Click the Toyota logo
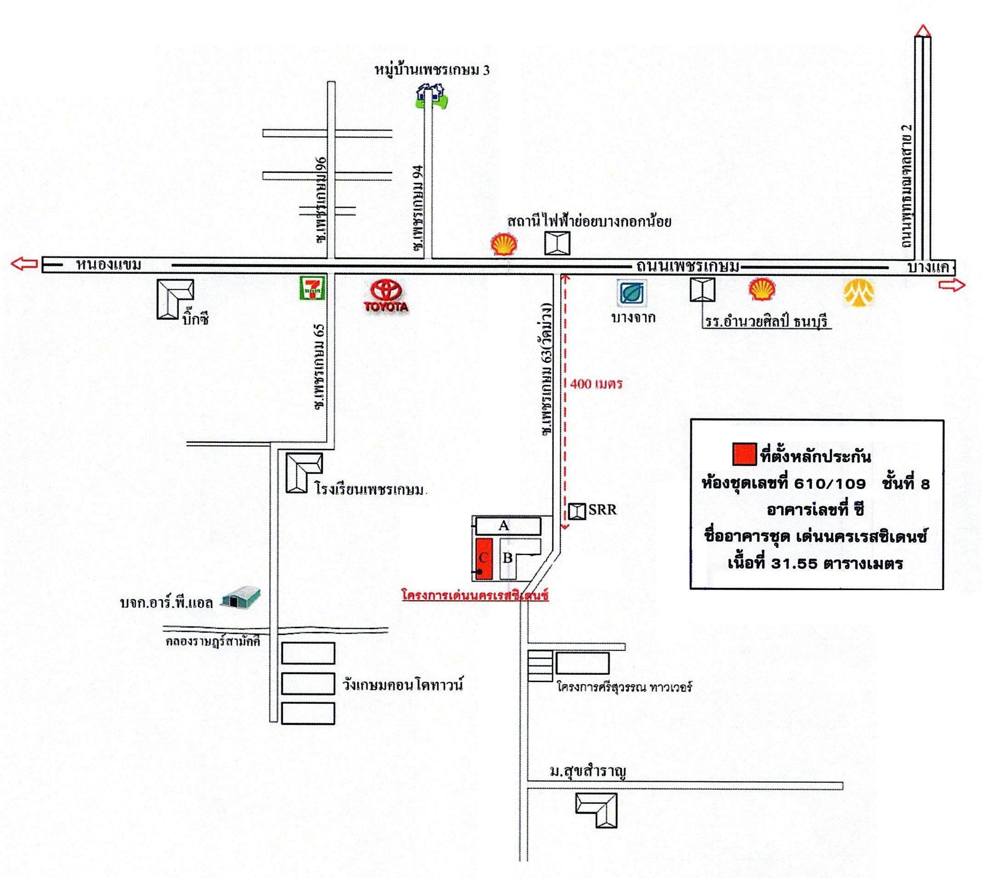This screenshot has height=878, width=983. (x=386, y=295)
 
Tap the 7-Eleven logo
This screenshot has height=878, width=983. (x=313, y=287)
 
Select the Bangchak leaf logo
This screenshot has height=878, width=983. (x=632, y=293)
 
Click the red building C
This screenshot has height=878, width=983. (x=483, y=558)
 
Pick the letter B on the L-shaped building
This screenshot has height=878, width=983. (x=508, y=558)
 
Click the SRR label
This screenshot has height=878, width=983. (x=602, y=510)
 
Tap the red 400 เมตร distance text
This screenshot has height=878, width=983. (x=596, y=384)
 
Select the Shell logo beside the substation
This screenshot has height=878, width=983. (x=504, y=245)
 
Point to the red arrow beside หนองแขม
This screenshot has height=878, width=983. (x=24, y=264)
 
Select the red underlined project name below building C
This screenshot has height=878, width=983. (x=475, y=595)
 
